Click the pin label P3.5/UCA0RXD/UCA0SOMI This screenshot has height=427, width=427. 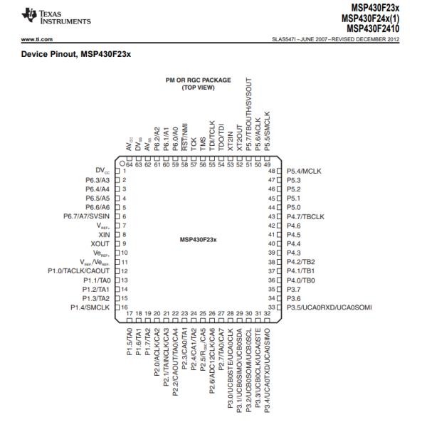[329, 307]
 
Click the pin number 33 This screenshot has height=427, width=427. [271, 307]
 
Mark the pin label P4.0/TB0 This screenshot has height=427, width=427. [300, 280]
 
